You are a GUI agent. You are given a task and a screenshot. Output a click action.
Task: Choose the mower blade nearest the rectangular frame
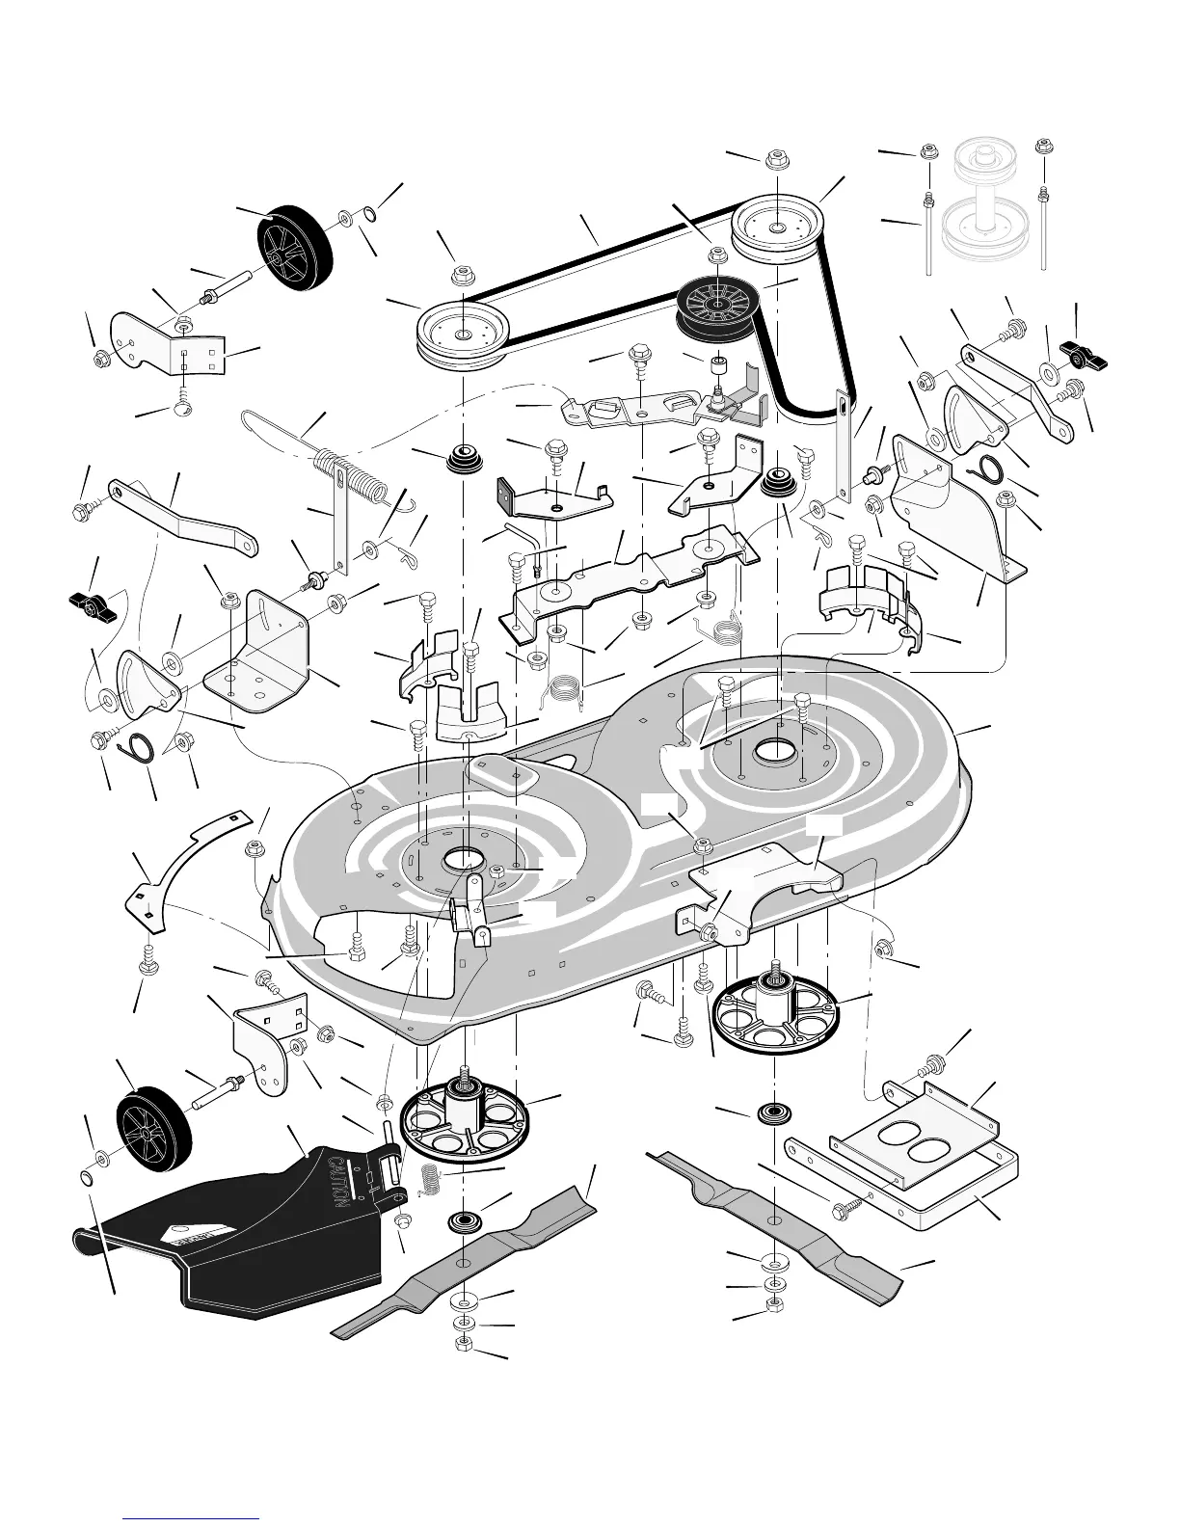point(776,1219)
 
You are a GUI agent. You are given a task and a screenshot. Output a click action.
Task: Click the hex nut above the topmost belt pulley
point(776,160)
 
